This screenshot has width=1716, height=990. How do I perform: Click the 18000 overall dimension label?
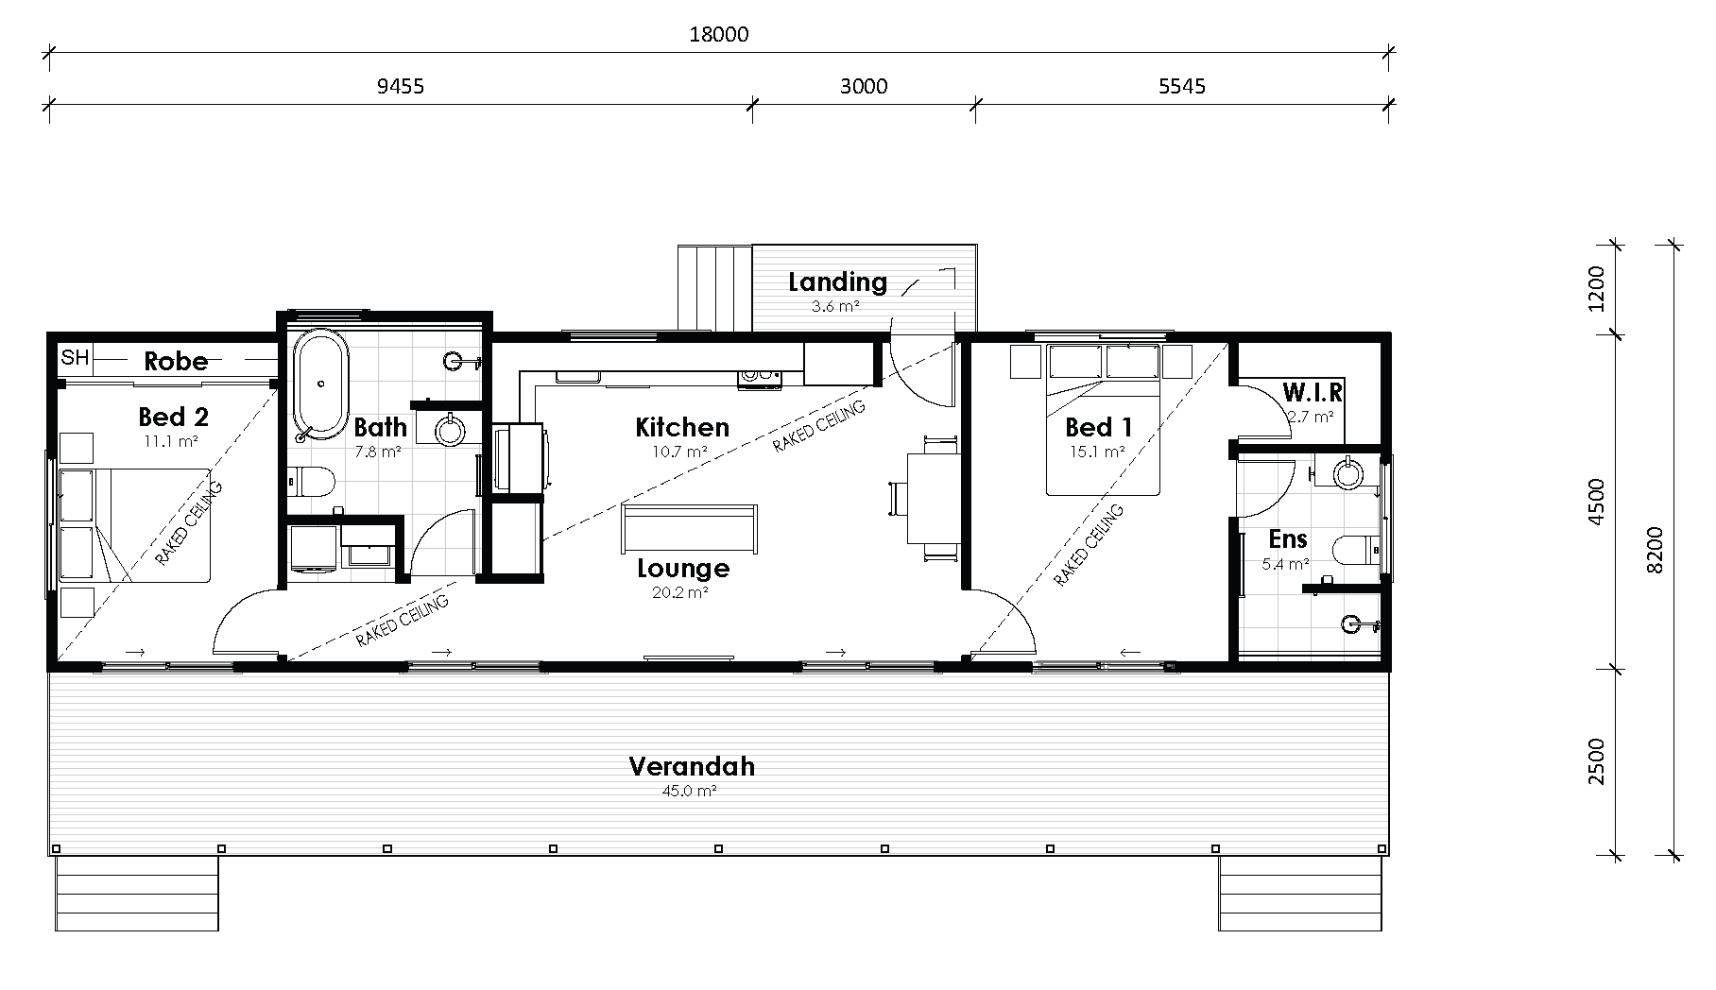[x=718, y=35]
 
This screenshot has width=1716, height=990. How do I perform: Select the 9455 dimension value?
[x=401, y=87]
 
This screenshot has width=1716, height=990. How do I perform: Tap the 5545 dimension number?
[x=1181, y=87]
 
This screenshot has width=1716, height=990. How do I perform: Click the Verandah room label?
[x=692, y=766]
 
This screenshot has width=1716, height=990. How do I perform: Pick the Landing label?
[x=837, y=282]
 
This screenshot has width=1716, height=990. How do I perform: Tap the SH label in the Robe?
[x=75, y=358]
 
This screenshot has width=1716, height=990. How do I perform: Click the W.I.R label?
[x=1313, y=391]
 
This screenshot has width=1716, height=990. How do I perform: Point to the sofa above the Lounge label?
[x=689, y=528]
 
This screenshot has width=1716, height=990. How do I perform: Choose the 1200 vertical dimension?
[x=1596, y=289]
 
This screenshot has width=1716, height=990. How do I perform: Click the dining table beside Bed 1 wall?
[x=934, y=498]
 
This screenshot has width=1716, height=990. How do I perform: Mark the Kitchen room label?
[x=682, y=427]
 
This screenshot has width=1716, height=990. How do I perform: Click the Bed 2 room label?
[x=173, y=417]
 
